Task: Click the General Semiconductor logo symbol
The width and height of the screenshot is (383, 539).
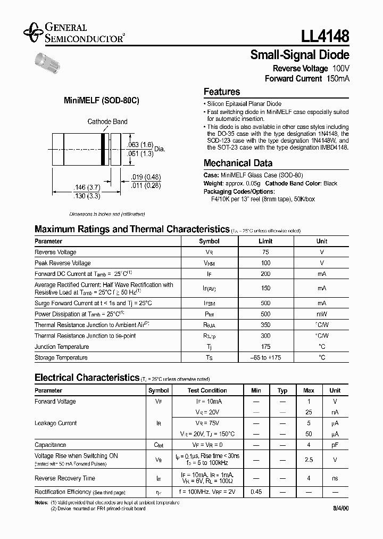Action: tap(34, 32)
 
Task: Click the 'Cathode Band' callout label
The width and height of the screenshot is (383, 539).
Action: tap(107, 121)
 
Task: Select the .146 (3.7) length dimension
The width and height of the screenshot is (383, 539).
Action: tap(86, 187)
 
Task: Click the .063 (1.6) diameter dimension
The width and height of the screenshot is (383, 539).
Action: tap(140, 145)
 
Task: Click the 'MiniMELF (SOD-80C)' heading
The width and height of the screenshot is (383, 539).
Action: tap(101, 101)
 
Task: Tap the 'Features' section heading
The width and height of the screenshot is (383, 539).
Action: tap(222, 92)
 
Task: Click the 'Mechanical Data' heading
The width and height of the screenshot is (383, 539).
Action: tap(238, 163)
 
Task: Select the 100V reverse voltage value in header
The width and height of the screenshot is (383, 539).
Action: tap(340, 69)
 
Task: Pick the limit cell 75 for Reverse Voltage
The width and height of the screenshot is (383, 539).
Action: tap(265, 252)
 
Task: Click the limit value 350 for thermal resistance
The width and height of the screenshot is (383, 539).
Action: tap(265, 325)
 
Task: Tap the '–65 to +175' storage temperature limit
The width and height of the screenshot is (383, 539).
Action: tap(265, 357)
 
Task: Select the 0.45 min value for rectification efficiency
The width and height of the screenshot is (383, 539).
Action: tap(255, 492)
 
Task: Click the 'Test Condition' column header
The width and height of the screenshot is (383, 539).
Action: tap(207, 390)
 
